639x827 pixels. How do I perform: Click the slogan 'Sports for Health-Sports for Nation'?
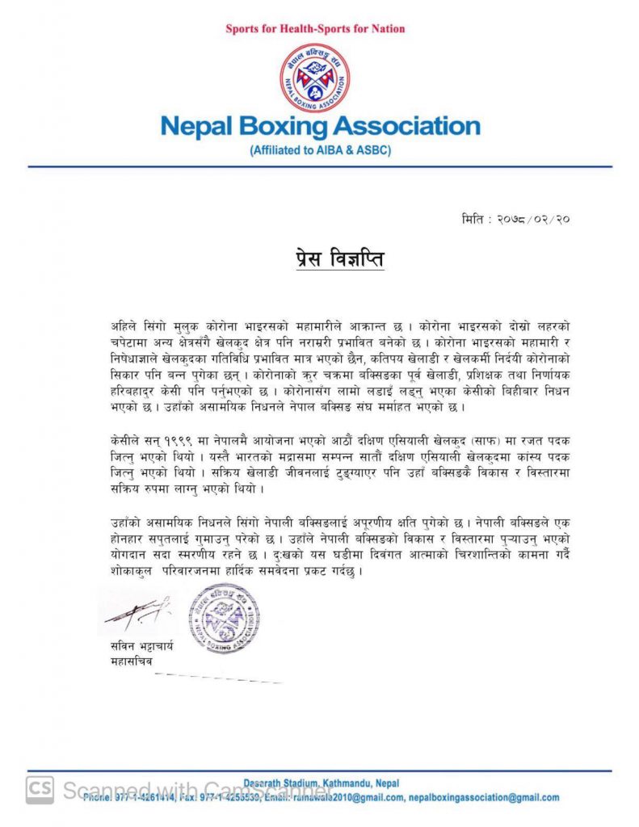[316, 29]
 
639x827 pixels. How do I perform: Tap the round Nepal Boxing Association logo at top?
[315, 78]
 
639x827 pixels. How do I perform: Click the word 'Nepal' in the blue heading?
[197, 127]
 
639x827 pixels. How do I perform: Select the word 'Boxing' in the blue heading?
[292, 127]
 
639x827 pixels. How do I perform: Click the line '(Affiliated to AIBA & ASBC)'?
[320, 150]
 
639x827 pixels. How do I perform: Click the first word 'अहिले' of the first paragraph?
[125, 325]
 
